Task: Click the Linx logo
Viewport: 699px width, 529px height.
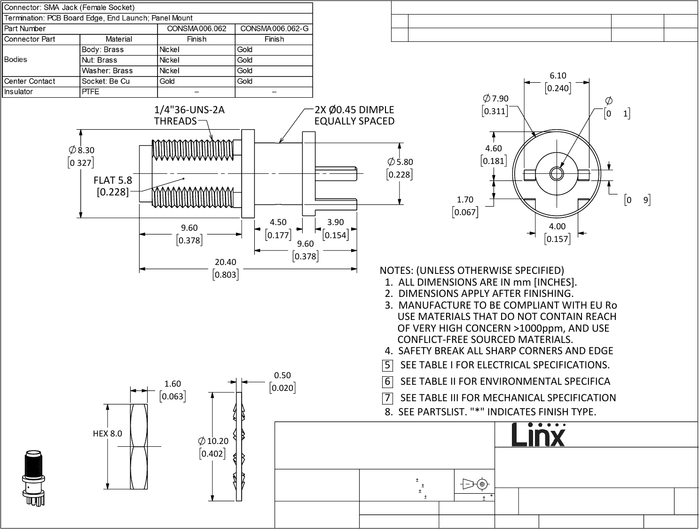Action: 539,435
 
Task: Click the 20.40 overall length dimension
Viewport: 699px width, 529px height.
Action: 225,262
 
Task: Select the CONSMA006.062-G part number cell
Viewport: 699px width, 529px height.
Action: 274,29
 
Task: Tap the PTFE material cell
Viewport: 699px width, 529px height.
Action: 91,92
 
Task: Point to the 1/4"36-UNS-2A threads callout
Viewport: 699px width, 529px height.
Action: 189,115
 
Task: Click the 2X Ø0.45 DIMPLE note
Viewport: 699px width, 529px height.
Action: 354,115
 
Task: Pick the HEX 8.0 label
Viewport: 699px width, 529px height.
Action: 107,433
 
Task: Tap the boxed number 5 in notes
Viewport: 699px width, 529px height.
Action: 387,365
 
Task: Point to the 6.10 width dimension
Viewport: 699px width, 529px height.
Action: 558,76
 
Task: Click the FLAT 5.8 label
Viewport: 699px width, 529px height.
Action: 113,180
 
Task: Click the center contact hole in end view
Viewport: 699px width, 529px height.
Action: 557,173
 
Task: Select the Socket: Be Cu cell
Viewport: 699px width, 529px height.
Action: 106,81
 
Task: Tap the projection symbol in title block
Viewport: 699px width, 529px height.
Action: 474,483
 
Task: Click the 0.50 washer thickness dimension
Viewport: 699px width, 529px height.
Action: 282,375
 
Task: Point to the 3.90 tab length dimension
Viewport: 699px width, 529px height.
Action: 335,222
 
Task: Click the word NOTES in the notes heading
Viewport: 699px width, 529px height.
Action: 396,271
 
